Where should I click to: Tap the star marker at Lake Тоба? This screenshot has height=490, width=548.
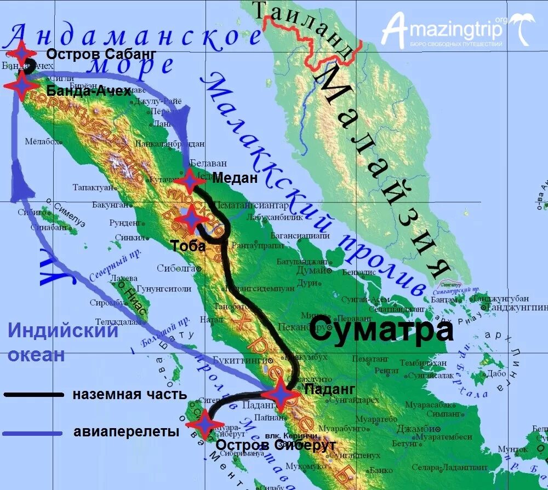[x=191, y=219]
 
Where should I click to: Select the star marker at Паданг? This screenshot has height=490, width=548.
[x=280, y=393]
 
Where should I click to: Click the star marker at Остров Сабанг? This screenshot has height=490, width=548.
[x=21, y=54]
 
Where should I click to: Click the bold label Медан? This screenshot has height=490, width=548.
[x=235, y=177]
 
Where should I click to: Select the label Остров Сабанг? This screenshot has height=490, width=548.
[x=101, y=54]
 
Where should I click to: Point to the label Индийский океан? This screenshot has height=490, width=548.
[x=63, y=343]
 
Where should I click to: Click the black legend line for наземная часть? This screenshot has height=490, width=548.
[x=34, y=394]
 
